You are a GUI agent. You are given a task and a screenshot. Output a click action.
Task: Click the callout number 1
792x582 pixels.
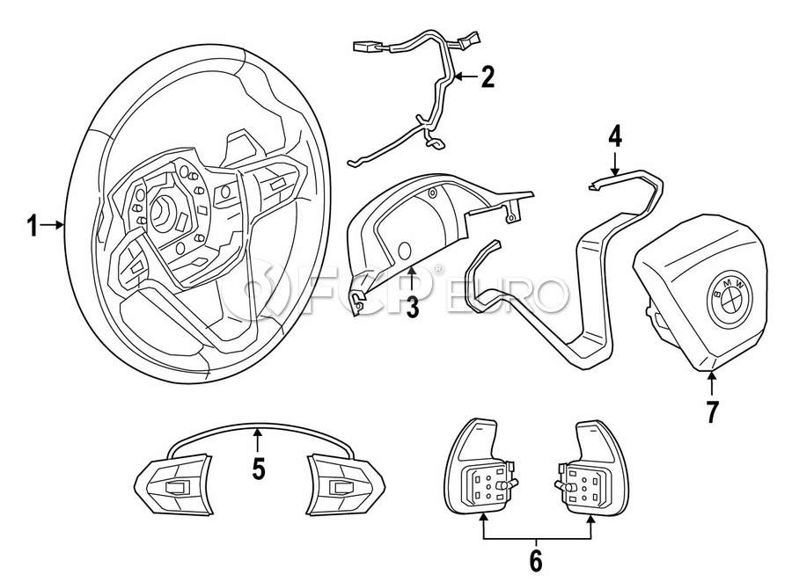[x=32, y=227]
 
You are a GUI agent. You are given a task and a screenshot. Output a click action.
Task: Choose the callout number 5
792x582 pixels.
[x=258, y=469]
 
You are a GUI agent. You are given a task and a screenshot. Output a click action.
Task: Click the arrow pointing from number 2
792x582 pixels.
[x=466, y=77]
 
